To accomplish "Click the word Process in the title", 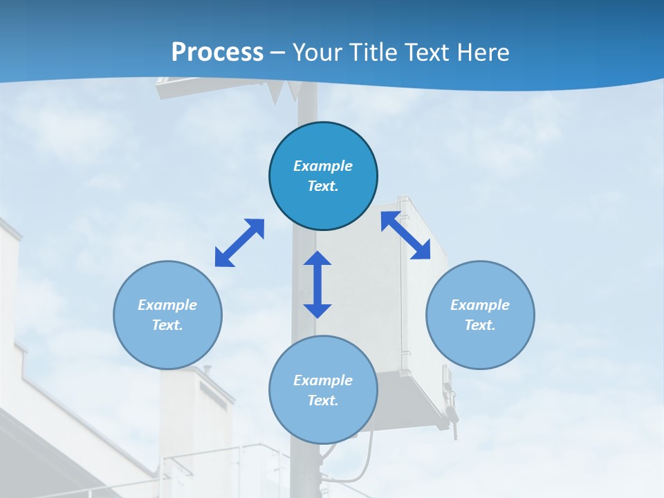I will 217,52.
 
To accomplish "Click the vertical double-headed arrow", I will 317,285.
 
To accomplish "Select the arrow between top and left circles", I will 239,243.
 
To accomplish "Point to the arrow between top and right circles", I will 405,236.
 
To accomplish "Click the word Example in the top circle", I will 323,166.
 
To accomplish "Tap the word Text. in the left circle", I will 167,325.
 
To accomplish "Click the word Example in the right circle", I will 480,305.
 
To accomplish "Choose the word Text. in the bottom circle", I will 323,400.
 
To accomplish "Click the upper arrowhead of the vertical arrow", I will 317,259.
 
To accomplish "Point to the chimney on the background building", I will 205,371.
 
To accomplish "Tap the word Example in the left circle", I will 167,305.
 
